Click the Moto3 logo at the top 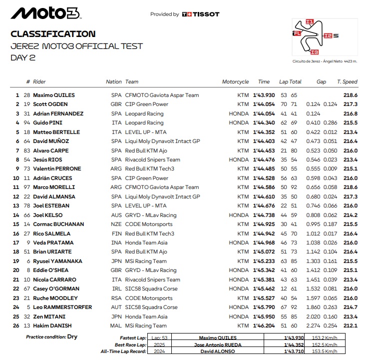44,14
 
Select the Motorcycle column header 235,82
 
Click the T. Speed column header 347,82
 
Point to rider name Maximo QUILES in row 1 54,95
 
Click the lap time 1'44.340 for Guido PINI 264,122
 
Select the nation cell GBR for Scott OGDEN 115,104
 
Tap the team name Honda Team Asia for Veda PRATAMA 147,242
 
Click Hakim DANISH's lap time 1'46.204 264,325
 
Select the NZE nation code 115,224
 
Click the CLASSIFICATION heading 53,34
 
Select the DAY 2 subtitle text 23,57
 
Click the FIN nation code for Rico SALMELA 116,233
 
